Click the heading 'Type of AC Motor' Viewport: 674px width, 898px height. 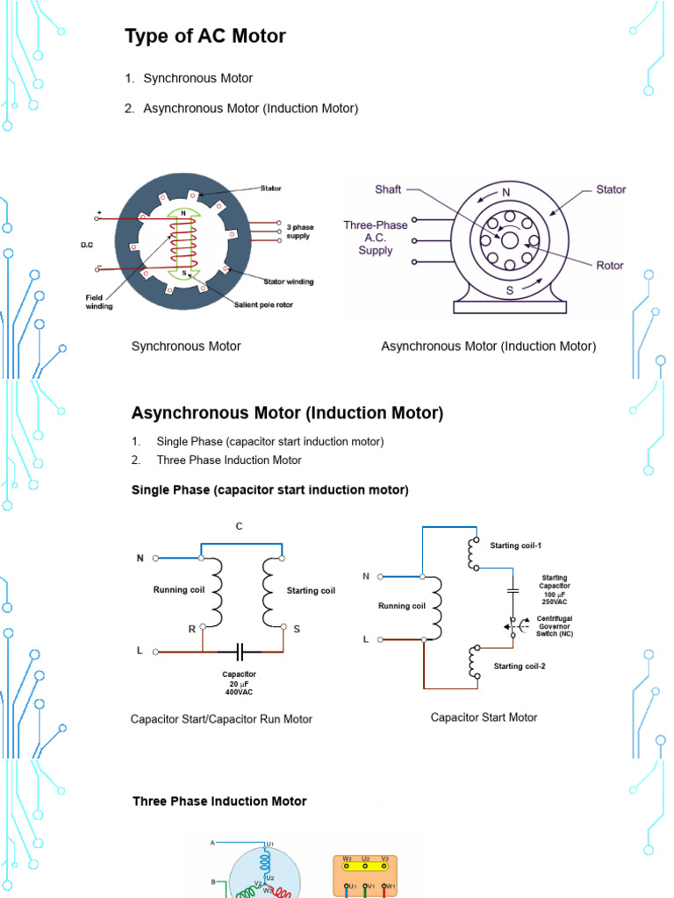click(x=205, y=37)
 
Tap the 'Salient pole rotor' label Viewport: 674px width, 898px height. click(x=263, y=304)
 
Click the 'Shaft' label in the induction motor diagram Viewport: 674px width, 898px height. click(x=389, y=189)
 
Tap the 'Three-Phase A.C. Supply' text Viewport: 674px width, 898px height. click(x=376, y=238)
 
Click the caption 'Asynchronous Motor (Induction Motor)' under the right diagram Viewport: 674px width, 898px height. click(x=488, y=346)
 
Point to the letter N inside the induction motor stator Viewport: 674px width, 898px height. click(x=506, y=193)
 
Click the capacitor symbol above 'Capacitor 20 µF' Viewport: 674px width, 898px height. click(x=240, y=652)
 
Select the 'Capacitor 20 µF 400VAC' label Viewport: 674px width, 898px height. click(x=239, y=683)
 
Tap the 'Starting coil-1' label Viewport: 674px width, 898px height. click(x=516, y=545)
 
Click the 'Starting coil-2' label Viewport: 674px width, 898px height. click(x=520, y=666)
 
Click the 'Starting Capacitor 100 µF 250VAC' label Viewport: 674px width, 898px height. click(x=555, y=589)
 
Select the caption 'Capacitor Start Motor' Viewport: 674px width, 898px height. click(x=484, y=717)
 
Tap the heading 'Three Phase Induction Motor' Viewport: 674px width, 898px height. click(x=219, y=801)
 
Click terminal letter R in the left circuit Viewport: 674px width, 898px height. click(x=190, y=629)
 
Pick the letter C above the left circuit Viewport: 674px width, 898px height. click(x=238, y=526)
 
